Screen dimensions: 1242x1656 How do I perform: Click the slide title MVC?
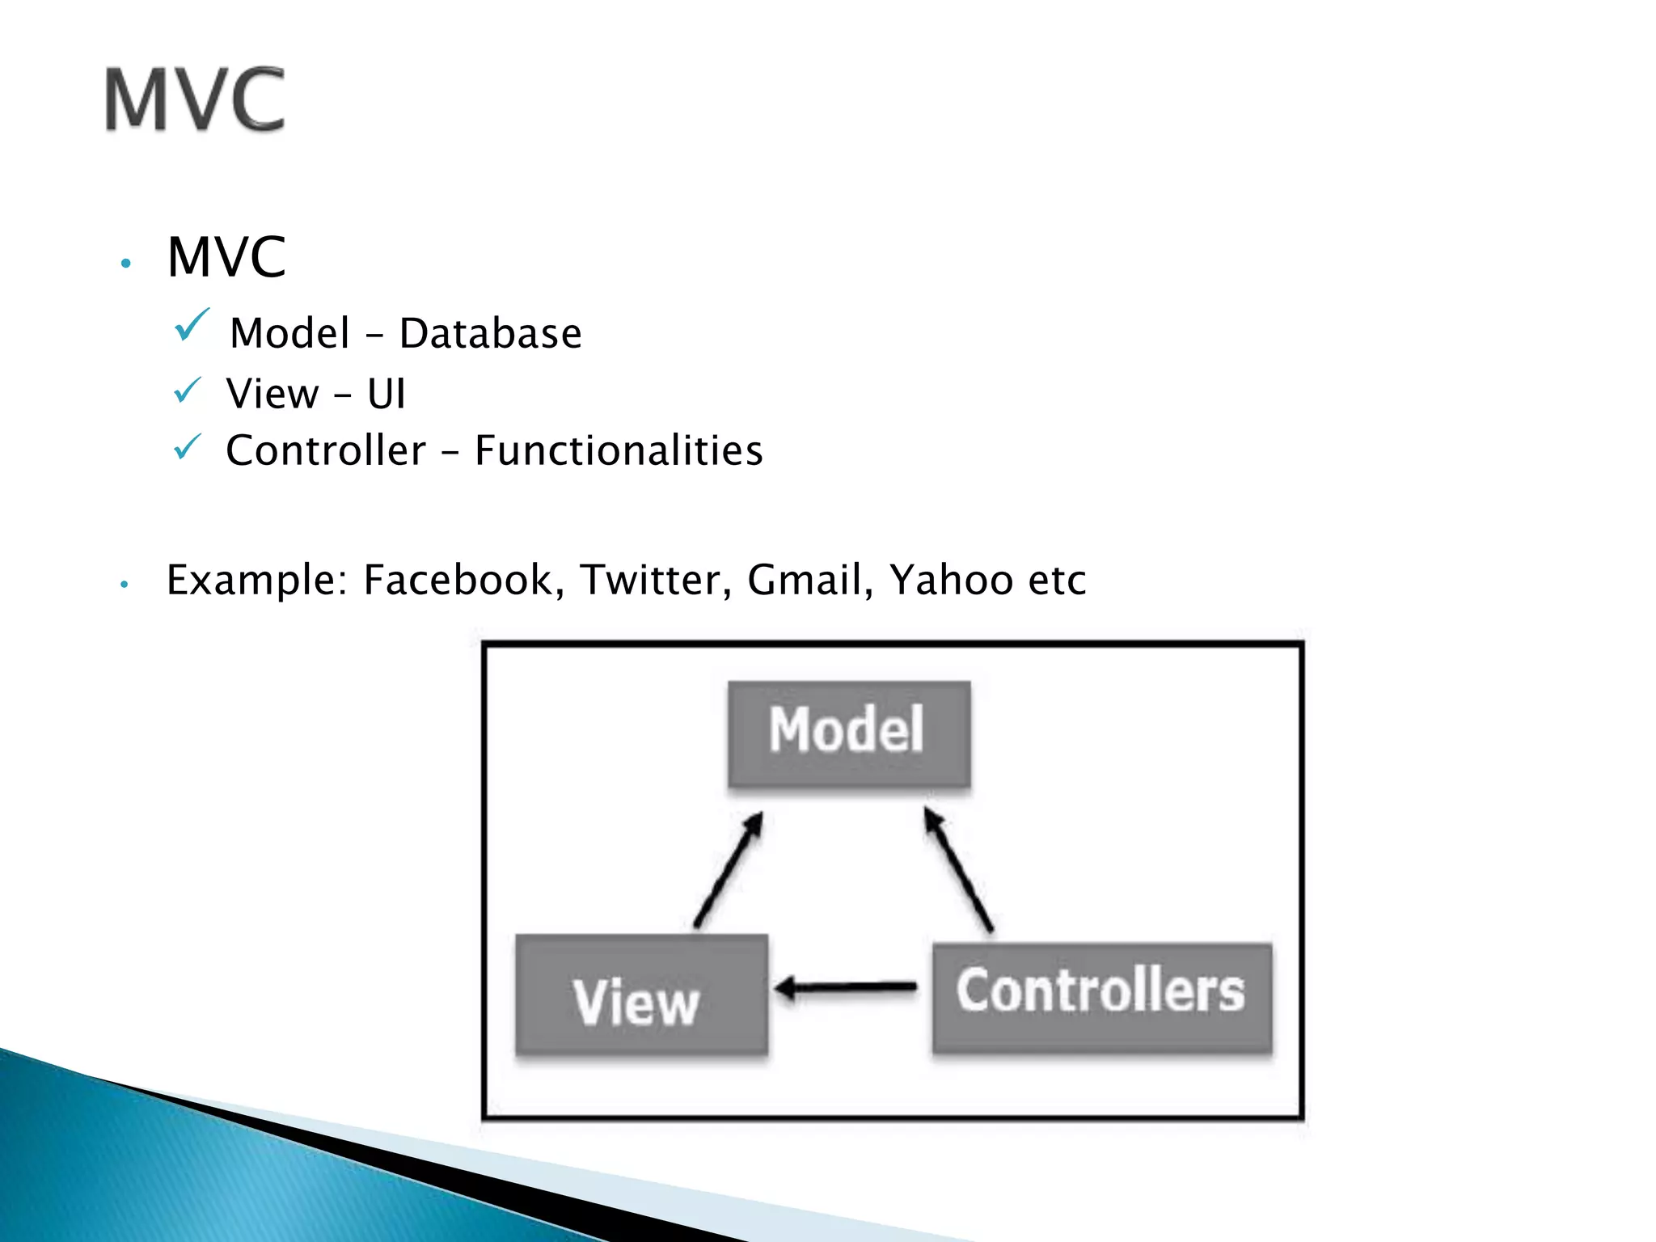tap(195, 100)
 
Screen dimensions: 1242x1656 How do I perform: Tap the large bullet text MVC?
tap(226, 257)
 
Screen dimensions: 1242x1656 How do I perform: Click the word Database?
tap(490, 333)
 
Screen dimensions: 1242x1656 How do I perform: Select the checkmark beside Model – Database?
tap(192, 325)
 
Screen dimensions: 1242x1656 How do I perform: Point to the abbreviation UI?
tap(386, 395)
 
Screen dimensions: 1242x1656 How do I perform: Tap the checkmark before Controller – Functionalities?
tap(188, 446)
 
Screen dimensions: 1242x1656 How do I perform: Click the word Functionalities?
tap(619, 450)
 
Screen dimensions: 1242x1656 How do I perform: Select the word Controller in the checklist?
tap(325, 450)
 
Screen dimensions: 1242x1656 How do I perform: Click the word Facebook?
tap(458, 580)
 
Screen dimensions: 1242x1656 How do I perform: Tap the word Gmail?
tap(805, 580)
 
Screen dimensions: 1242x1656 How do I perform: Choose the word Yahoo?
tap(951, 580)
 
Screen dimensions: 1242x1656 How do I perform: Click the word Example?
tap(251, 580)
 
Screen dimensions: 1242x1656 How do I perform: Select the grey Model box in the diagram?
tap(848, 733)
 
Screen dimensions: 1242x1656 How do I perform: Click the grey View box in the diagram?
tap(640, 995)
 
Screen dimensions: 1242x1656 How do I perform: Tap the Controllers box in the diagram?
tap(1101, 996)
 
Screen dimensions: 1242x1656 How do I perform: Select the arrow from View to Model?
tap(729, 871)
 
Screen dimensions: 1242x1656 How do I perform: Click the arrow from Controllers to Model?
tap(959, 872)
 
